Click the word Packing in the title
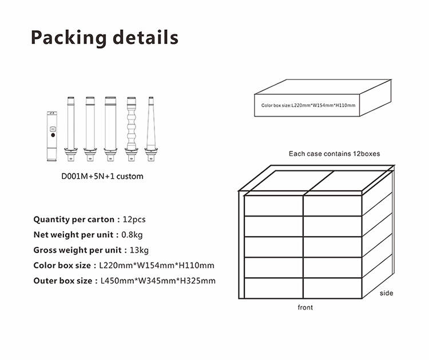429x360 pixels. point(69,38)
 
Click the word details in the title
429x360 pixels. point(145,37)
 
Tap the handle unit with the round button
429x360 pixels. point(52,136)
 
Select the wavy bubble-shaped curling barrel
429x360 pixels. point(132,129)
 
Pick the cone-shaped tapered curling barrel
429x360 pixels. point(151,129)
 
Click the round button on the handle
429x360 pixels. point(53,135)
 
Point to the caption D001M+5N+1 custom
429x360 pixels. point(102,177)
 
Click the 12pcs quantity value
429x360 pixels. point(134,220)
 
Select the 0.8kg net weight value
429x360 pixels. point(132,235)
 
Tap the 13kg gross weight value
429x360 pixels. point(139,250)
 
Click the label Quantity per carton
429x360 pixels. point(74,220)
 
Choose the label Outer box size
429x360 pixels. point(63,281)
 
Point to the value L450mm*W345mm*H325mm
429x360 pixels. point(158,281)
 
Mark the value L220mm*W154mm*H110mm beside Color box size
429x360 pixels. point(157,266)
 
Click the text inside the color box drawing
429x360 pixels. point(308,106)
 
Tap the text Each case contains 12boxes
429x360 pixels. point(335,154)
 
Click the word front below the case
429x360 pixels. point(305,307)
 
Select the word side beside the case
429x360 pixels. point(386,293)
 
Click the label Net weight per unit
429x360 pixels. point(73,235)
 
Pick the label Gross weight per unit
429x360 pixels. point(77,250)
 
